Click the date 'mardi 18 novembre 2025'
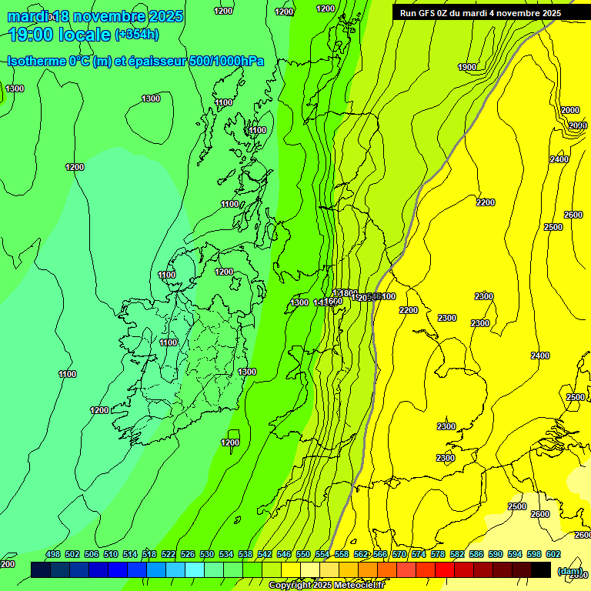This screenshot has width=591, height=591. [x=95, y=16]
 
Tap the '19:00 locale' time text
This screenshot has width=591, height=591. [x=60, y=35]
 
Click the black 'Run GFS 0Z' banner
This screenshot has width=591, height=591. [x=480, y=13]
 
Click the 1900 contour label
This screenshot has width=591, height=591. [x=467, y=67]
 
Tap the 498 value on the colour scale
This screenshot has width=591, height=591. [x=53, y=554]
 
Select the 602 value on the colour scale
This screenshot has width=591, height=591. [x=553, y=554]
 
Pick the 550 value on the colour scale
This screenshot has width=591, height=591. [x=303, y=554]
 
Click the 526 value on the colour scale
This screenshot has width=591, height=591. [x=188, y=554]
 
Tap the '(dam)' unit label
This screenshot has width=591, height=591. [x=569, y=571]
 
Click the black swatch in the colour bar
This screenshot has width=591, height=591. [x=541, y=569]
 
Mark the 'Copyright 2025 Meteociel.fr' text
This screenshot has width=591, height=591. [x=326, y=585]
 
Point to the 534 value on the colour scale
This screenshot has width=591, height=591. [x=226, y=554]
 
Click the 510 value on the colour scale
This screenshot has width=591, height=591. [x=111, y=554]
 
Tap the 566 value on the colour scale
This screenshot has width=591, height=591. [x=380, y=554]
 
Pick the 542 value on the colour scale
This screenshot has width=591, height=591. [x=265, y=554]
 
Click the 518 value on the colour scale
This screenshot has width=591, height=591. [x=149, y=554]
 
